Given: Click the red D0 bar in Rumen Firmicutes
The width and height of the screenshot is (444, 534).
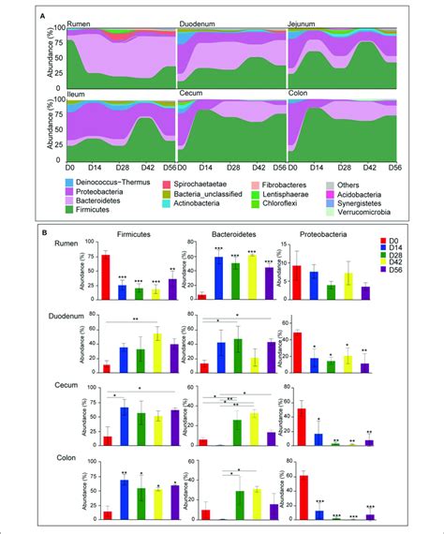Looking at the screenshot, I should coord(106,276).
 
